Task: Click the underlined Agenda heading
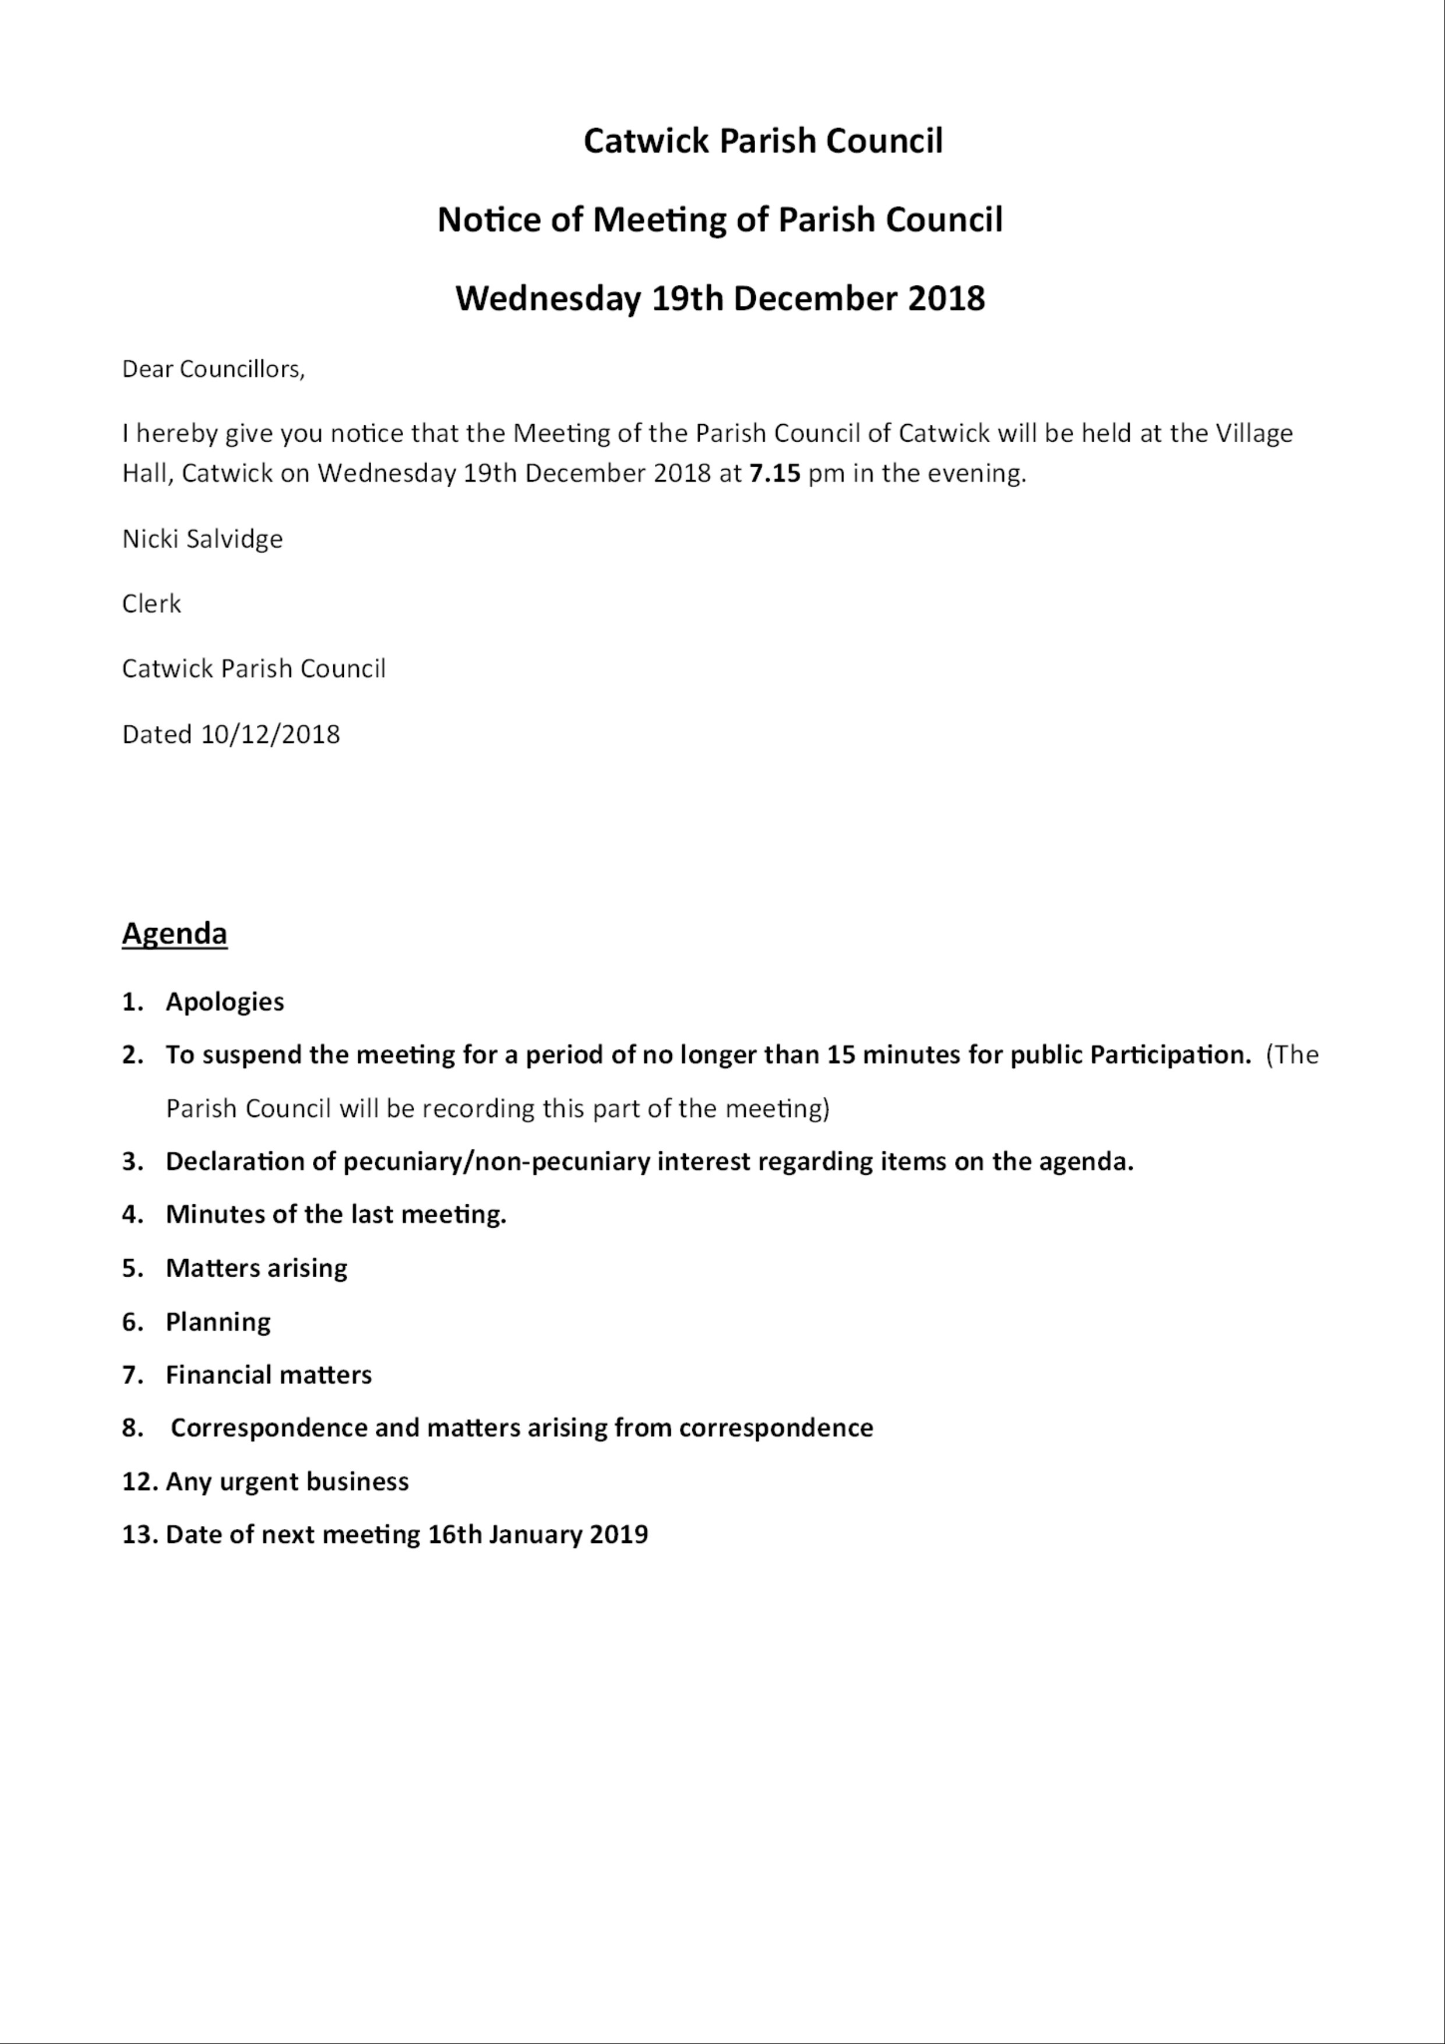174,933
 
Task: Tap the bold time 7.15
774,473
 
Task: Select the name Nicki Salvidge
202,538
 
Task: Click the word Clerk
151,604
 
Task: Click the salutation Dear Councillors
213,369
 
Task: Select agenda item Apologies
224,1002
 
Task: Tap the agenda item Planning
218,1321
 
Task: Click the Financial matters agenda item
268,1375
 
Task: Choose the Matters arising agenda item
256,1268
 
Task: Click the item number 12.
139,1481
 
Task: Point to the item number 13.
139,1534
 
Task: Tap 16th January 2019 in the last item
538,1534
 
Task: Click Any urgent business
287,1481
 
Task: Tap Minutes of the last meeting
336,1214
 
